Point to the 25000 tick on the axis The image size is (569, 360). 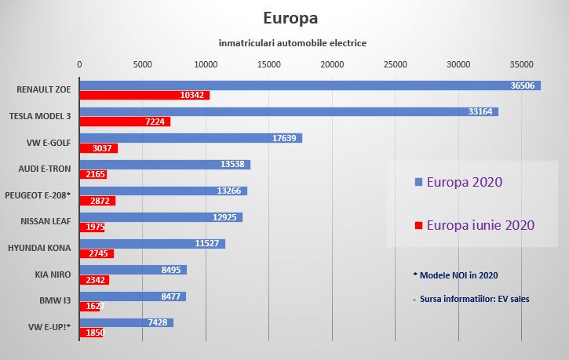[x=395, y=64]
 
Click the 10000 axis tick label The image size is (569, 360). [x=206, y=64]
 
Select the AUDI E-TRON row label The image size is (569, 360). [x=45, y=168]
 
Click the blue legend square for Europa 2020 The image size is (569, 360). [x=418, y=182]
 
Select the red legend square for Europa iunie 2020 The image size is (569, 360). [x=418, y=226]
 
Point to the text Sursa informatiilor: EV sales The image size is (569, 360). [x=466, y=300]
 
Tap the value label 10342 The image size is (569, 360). [x=192, y=95]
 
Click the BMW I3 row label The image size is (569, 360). [x=54, y=300]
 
